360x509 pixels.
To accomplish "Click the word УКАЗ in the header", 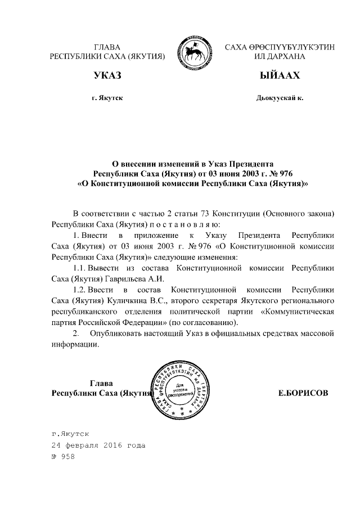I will point(107,76).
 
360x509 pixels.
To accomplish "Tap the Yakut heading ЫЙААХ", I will point(280,76).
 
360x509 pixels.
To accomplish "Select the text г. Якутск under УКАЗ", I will point(107,98).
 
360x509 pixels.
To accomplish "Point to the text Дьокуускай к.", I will point(280,98).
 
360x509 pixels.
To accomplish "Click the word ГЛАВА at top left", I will point(107,47).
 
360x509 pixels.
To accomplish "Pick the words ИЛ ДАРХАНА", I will point(280,57).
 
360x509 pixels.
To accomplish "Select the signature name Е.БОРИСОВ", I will point(303,393).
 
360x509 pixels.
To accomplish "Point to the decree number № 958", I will point(62,456).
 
